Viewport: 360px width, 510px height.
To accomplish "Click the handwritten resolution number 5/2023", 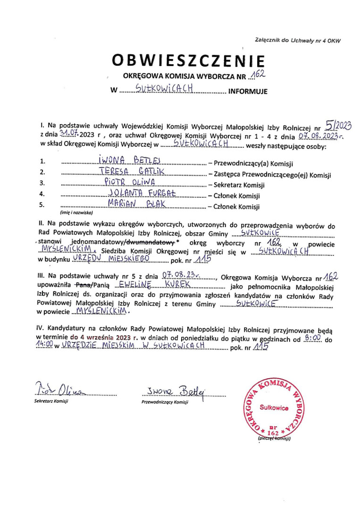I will tap(339, 124).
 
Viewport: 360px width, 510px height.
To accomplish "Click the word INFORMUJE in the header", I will tap(248, 92).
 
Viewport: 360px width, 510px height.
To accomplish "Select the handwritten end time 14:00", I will tap(44, 346).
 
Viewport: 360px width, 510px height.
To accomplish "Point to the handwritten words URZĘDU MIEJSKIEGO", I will tap(111, 259).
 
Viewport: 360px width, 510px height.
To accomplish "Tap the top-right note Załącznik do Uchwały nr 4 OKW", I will tap(297, 40).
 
